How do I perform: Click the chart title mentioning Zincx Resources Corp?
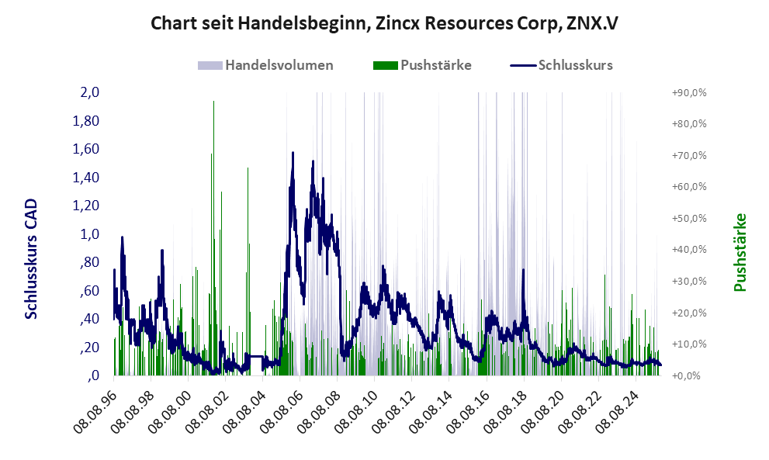[383, 24]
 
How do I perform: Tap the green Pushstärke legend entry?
[423, 65]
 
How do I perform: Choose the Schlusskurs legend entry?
[563, 65]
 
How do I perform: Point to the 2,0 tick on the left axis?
[91, 92]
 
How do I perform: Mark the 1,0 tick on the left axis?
[91, 234]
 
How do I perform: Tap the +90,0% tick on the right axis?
[689, 92]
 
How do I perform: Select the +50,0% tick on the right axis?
[689, 218]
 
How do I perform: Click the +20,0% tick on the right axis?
[689, 313]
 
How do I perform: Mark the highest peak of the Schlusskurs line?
[293, 153]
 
